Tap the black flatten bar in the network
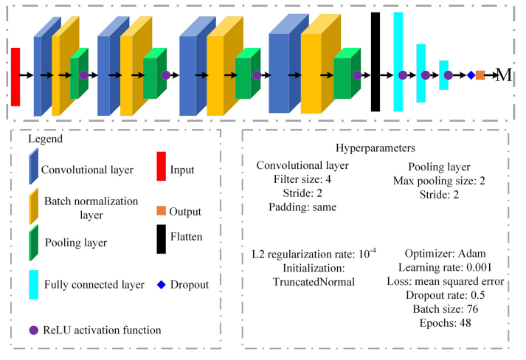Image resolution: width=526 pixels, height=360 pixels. (x=376, y=61)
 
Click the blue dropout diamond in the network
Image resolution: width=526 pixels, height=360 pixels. (x=471, y=75)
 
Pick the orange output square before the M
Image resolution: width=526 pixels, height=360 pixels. (x=480, y=75)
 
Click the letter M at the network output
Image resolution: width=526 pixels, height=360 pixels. (x=504, y=75)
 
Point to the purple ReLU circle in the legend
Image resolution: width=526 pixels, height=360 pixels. (x=32, y=329)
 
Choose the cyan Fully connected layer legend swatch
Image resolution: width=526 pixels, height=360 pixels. (x=33, y=283)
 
